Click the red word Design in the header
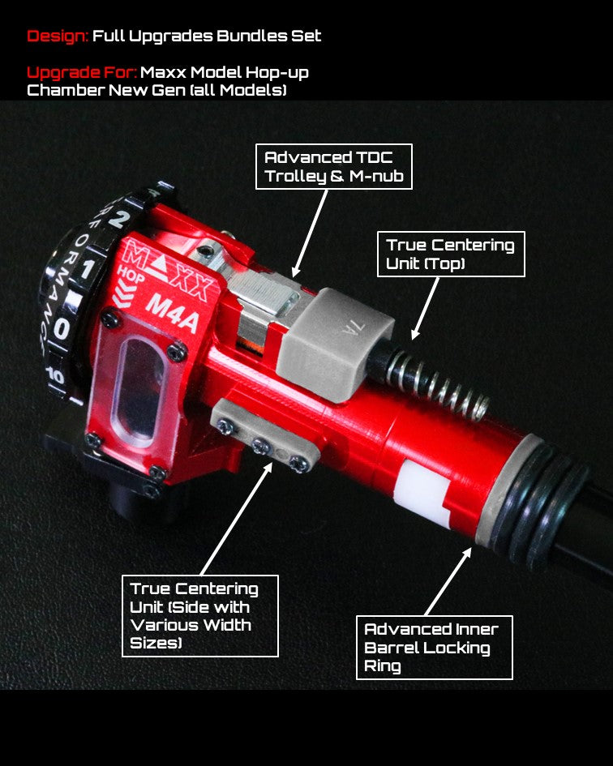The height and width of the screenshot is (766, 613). [58, 36]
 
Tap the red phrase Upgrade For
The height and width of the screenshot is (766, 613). [82, 73]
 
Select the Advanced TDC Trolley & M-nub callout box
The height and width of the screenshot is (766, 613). [334, 167]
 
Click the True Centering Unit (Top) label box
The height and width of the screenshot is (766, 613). [451, 254]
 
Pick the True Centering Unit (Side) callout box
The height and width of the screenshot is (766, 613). [200, 615]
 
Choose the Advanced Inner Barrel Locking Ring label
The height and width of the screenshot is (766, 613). [434, 648]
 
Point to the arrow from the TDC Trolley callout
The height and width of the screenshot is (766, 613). [310, 233]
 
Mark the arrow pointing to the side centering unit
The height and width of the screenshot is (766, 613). [236, 518]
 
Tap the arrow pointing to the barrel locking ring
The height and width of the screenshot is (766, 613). [448, 581]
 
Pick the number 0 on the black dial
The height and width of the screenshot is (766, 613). [61, 327]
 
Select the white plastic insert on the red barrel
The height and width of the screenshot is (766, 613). [423, 491]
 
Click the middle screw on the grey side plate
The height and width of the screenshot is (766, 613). [259, 445]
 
